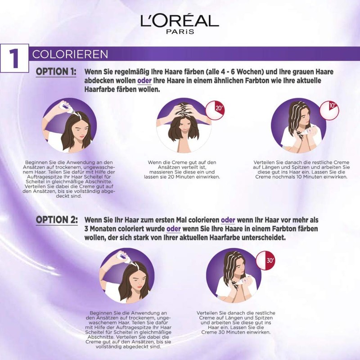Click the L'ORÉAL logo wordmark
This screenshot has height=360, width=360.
click(x=180, y=20)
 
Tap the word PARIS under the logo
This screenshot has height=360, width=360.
click(x=180, y=32)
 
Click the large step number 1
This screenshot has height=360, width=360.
click(x=14, y=58)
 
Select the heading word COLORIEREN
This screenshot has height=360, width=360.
click(x=70, y=54)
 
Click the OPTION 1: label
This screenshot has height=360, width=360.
click(x=56, y=72)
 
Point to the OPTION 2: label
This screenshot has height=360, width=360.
click(x=56, y=220)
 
